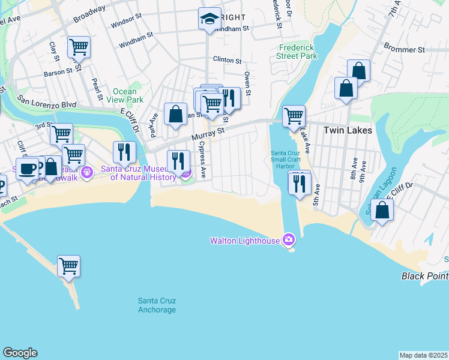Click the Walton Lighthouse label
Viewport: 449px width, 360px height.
coord(245,241)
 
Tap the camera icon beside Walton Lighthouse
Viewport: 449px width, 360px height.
coord(289,240)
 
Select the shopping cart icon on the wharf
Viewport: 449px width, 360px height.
coord(69,265)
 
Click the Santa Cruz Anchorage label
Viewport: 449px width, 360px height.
coord(157,305)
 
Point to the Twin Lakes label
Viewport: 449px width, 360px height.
coord(348,130)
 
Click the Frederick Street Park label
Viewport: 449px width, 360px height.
coord(297,52)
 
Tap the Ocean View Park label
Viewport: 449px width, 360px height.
coord(128,95)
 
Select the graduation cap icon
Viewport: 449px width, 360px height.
coord(210,19)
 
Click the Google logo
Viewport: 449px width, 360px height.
coord(20,353)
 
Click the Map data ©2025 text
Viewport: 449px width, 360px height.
coord(423,355)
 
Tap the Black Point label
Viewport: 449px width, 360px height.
coord(425,276)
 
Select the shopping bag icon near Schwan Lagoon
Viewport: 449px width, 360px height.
coord(382,210)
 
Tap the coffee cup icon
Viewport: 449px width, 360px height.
coord(27,168)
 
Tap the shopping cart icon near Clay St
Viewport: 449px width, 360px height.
coord(79,46)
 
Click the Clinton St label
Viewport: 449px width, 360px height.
coord(227,61)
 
